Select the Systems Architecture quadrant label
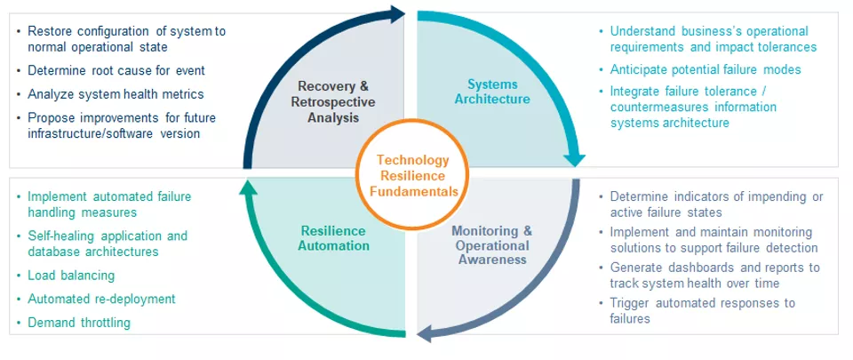[x=492, y=92]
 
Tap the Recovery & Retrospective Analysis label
[x=333, y=101]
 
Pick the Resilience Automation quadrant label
[x=333, y=238]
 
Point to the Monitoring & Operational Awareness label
[x=491, y=245]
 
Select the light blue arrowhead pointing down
[x=575, y=158]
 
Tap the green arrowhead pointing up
[x=249, y=187]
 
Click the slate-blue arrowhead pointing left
[x=425, y=332]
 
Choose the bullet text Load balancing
[x=71, y=276]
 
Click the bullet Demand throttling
[x=79, y=323]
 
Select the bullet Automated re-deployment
[x=101, y=299]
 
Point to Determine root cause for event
[x=116, y=70]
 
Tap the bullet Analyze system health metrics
[x=116, y=94]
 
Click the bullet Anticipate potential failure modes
[x=705, y=69]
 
